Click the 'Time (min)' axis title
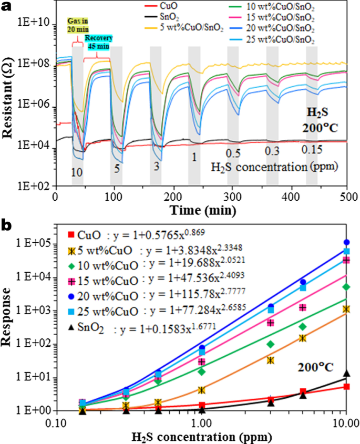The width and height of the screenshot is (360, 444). click(200, 208)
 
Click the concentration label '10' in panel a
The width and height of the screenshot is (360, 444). click(77, 171)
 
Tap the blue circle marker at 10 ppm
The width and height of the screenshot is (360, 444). click(346, 242)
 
